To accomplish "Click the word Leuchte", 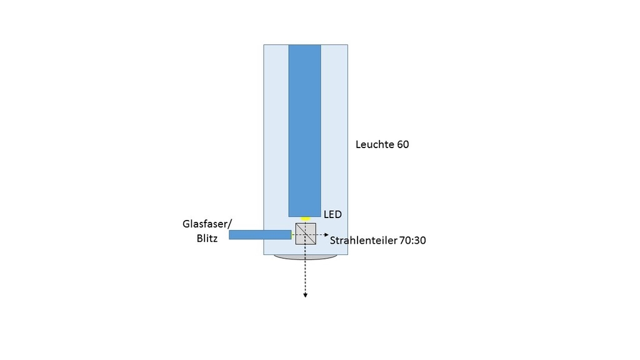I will pyautogui.click(x=374, y=144).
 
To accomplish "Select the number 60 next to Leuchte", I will pyautogui.click(x=403, y=144).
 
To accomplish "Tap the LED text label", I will pyautogui.click(x=332, y=214).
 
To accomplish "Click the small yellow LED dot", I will pyautogui.click(x=305, y=219).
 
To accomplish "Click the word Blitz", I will pyautogui.click(x=207, y=238).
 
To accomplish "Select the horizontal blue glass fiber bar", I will pyautogui.click(x=259, y=235).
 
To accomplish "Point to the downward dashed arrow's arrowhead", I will pyautogui.click(x=305, y=295).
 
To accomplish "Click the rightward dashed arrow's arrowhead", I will pyautogui.click(x=326, y=234).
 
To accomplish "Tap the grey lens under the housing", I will pyautogui.click(x=305, y=257).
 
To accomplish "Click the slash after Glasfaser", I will pyautogui.click(x=230, y=224).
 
